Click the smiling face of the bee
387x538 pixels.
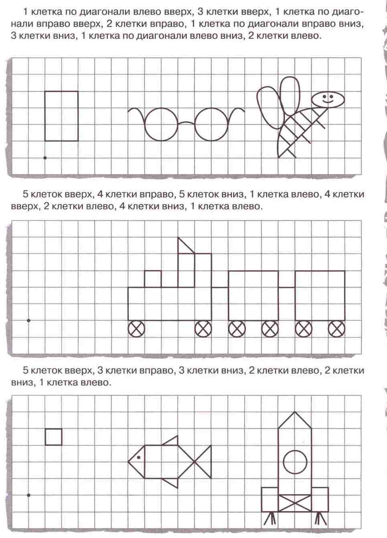tap(328, 99)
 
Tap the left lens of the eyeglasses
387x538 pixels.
tap(161, 124)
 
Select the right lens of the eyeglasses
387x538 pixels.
tap(212, 124)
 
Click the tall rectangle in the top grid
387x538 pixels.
tap(61, 116)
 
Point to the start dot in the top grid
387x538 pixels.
tap(45, 158)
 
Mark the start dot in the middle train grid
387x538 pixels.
tap(28, 320)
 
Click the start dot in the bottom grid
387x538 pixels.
tap(28, 495)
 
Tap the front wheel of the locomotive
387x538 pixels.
tap(136, 329)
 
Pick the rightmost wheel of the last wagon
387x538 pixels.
tap(337, 329)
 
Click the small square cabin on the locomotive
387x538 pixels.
tap(152, 279)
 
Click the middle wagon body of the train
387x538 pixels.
tap(253, 295)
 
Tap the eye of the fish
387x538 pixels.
tap(138, 457)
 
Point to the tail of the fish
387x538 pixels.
tap(203, 461)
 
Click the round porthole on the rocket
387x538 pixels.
tap(295, 462)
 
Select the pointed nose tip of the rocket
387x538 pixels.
tap(295, 413)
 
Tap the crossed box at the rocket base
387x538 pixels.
tap(295, 503)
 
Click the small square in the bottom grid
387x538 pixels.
tap(53, 437)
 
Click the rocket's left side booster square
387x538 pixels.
tap(270, 499)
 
